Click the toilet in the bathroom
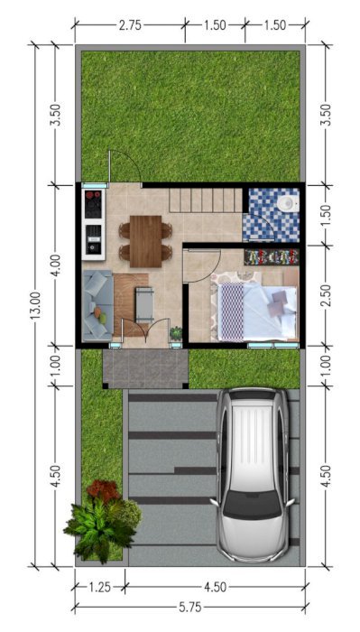click(x=288, y=202)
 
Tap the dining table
click(x=145, y=241)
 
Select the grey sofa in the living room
click(x=97, y=305)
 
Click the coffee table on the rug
click(x=144, y=304)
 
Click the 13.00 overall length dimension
click(x=35, y=305)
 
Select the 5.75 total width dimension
click(x=190, y=608)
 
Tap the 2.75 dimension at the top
click(x=130, y=25)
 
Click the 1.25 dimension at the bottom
click(x=99, y=587)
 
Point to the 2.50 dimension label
click(x=327, y=295)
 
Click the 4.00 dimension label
click(x=56, y=265)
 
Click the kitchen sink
click(x=94, y=239)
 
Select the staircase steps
click(x=206, y=200)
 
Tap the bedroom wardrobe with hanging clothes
click(x=272, y=256)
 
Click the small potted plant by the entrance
click(x=176, y=333)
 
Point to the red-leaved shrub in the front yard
click(x=104, y=490)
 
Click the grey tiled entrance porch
click(x=145, y=368)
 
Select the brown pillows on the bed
click(x=278, y=303)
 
